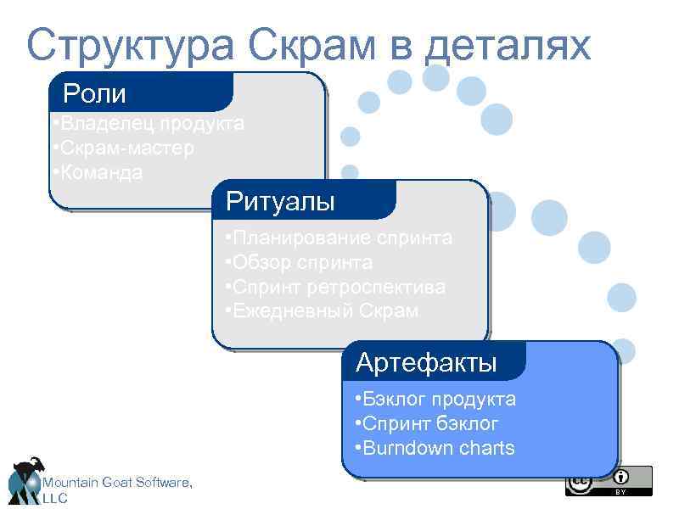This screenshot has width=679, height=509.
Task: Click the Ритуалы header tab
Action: tap(280, 201)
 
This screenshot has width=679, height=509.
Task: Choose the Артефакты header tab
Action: tap(426, 363)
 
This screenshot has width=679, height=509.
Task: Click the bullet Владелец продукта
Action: tap(148, 124)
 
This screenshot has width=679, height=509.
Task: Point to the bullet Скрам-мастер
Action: tap(123, 148)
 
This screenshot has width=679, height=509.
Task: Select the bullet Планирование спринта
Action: tap(339, 238)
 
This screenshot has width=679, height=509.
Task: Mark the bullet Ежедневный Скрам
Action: tap(322, 311)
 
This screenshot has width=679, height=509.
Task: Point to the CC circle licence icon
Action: tap(580, 483)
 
